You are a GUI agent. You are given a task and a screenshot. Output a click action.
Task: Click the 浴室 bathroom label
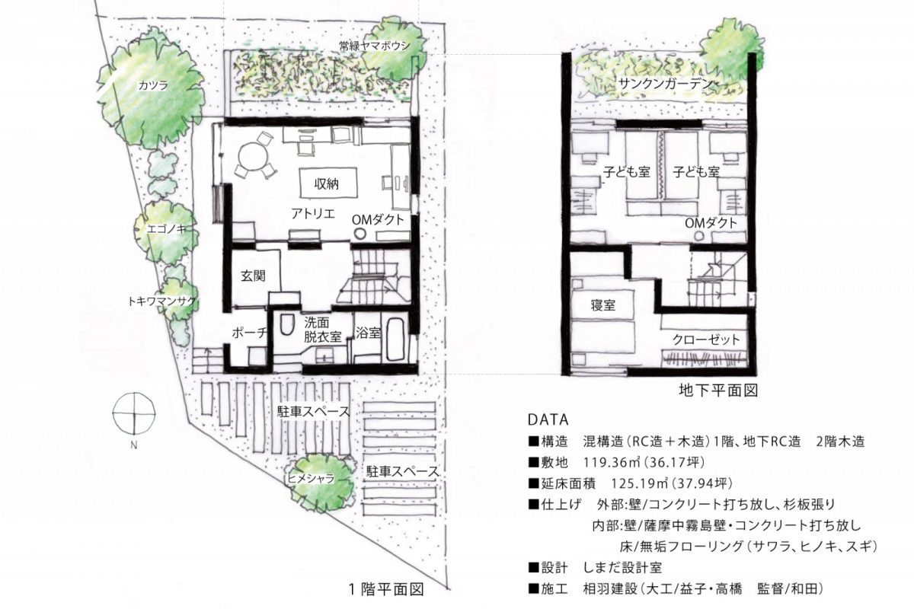[367, 332]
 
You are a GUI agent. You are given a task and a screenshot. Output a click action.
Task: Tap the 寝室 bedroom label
[602, 305]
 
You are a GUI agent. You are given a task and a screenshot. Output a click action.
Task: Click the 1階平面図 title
[385, 588]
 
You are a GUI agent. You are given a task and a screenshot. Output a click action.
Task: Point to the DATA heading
[547, 419]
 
